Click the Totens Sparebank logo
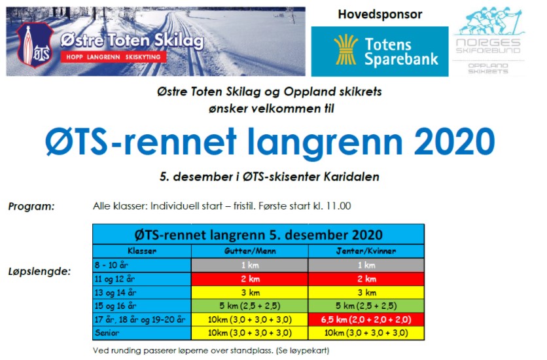(379, 52)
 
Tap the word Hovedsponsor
(379, 14)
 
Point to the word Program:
(31, 206)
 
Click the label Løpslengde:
(39, 271)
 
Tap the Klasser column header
(142, 251)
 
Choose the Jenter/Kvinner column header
(366, 251)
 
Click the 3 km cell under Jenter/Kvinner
(366, 292)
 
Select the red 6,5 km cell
(366, 319)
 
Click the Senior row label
(108, 333)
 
